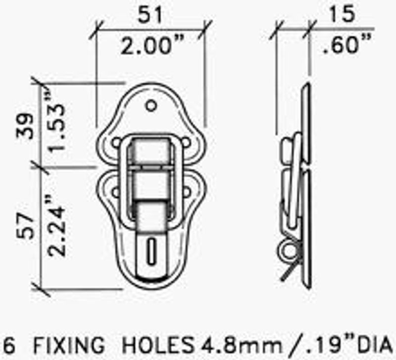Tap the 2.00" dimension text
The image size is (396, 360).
click(x=152, y=45)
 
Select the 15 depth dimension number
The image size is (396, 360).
click(x=342, y=14)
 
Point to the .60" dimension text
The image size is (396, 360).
click(x=347, y=44)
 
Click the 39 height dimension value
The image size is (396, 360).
click(x=25, y=126)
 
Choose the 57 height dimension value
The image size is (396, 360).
click(x=25, y=226)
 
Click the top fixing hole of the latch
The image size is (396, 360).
click(x=151, y=105)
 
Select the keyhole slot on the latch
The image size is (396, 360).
click(x=151, y=251)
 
